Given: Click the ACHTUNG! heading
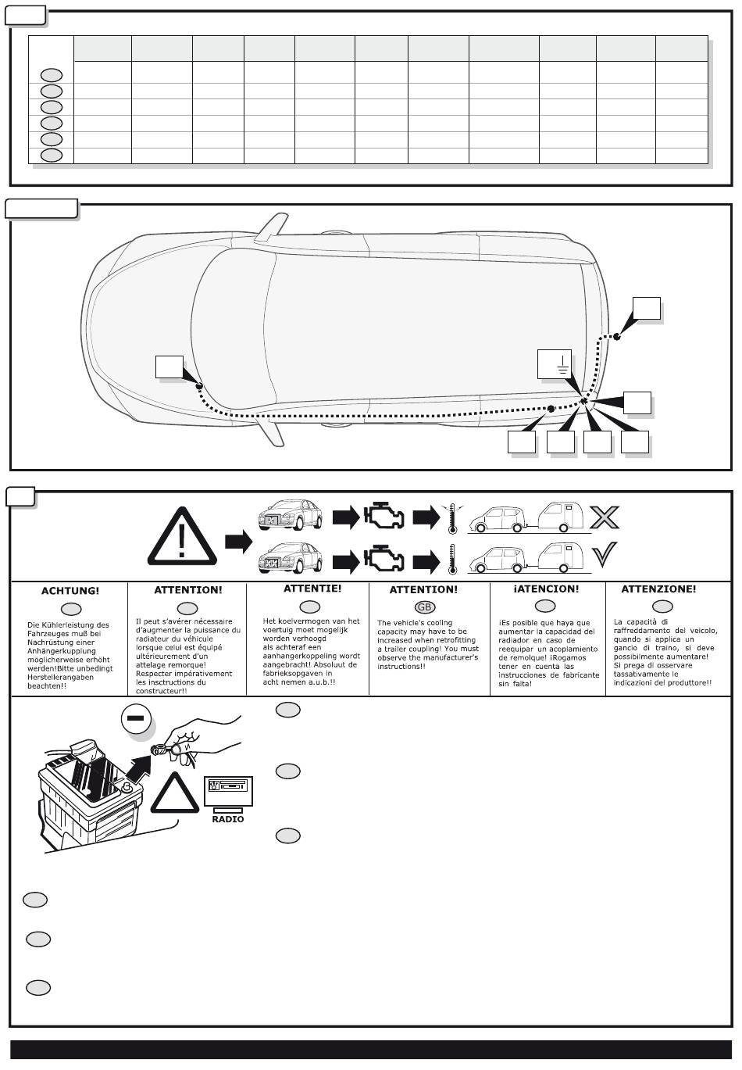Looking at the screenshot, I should [x=70, y=591].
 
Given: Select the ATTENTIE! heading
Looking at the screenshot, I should [x=312, y=589].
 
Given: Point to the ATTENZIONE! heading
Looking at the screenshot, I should [x=658, y=589].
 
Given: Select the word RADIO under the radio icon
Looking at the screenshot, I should [x=228, y=819].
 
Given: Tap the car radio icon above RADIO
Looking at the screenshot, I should [x=228, y=791].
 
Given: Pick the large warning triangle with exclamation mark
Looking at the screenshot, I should [x=183, y=536].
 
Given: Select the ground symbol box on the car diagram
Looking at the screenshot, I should [x=555, y=364].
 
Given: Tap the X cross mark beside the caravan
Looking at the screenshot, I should [x=604, y=517].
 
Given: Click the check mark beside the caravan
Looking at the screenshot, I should [x=604, y=555].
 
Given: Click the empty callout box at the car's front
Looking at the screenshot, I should [x=169, y=368].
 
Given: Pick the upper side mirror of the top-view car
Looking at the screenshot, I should [x=271, y=227].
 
